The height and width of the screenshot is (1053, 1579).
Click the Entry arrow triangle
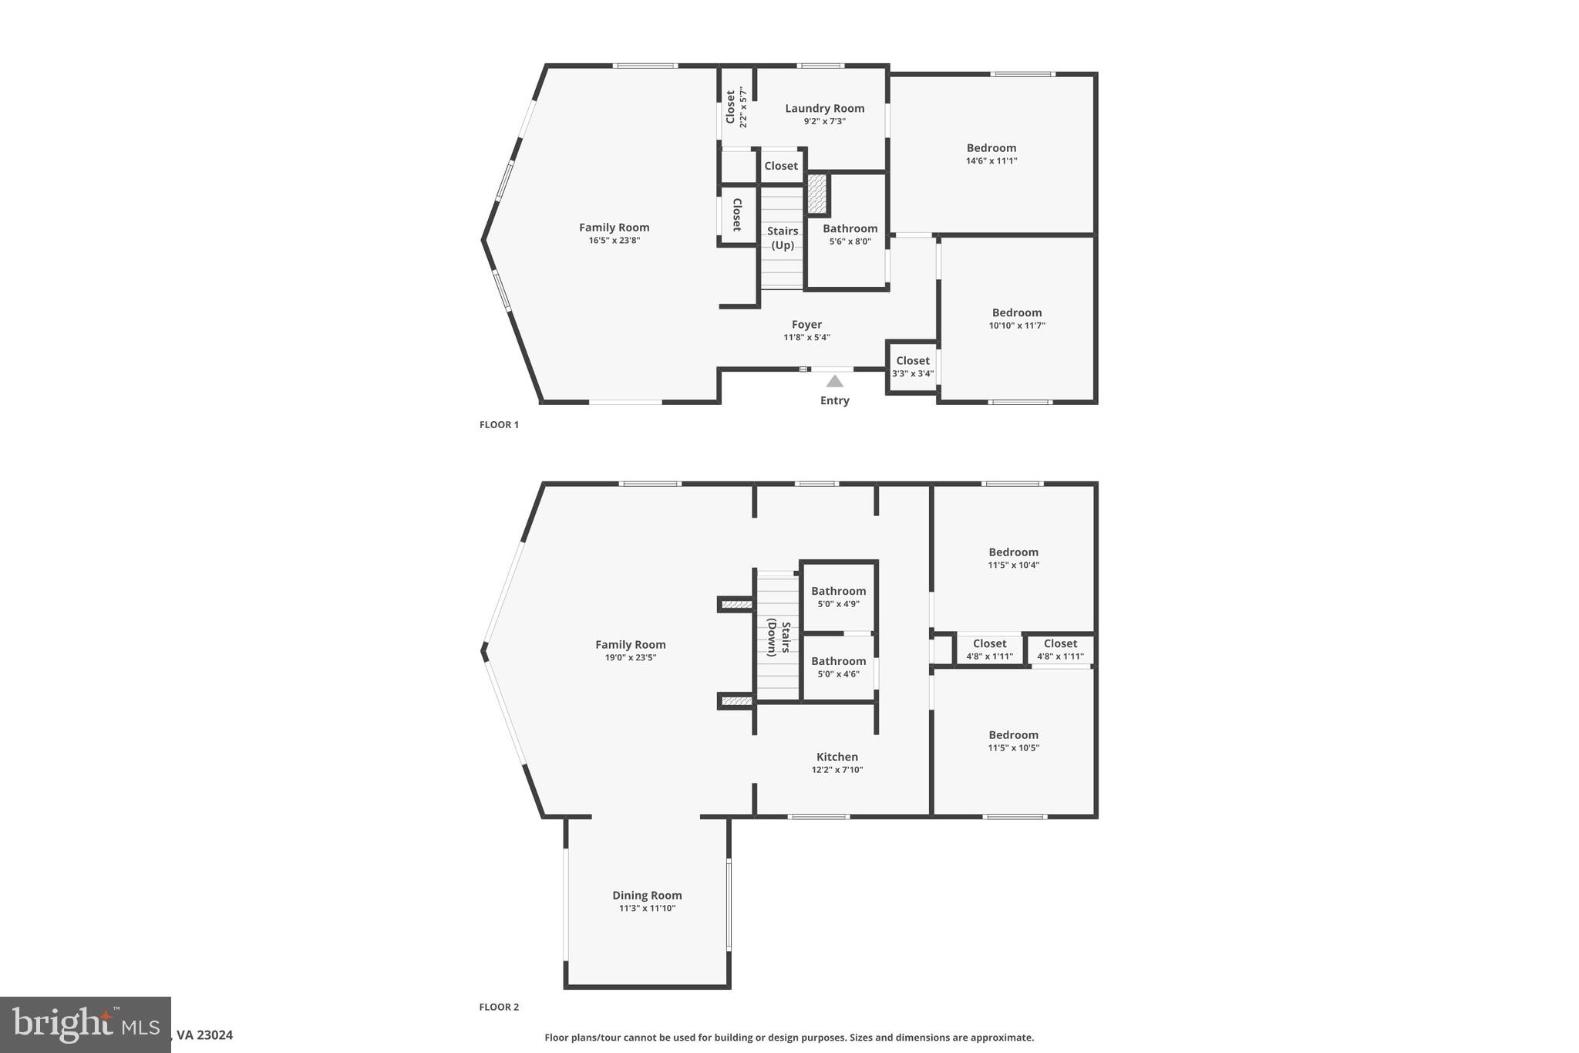(834, 381)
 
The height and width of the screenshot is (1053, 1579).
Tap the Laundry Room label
(824, 109)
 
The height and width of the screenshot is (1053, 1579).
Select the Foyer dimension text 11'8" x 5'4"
(806, 337)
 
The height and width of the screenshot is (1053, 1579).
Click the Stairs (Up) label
(783, 238)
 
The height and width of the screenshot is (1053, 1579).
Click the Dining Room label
(647, 896)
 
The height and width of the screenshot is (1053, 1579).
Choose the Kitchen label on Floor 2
(837, 757)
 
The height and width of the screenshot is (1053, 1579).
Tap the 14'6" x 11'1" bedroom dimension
(992, 161)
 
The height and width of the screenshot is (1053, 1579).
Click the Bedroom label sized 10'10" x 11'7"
(1016, 312)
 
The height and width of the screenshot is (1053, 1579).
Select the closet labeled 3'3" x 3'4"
(913, 366)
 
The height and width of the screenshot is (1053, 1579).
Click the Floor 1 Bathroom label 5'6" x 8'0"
(850, 228)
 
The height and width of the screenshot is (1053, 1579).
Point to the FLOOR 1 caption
(499, 425)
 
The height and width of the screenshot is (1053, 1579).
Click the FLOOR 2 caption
(499, 1007)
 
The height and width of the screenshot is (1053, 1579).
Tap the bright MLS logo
(85, 1024)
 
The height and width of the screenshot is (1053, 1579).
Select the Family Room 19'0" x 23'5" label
(630, 645)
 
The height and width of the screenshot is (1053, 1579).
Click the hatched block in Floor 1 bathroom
(817, 194)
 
